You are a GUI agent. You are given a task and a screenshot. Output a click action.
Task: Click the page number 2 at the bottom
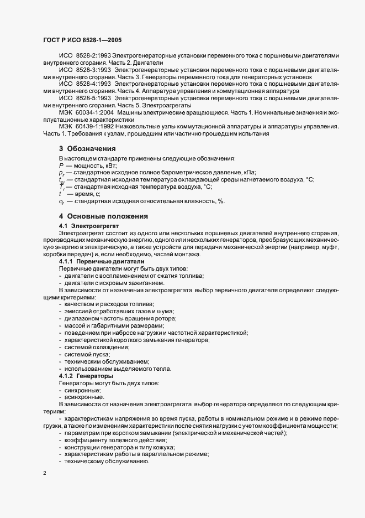pos(44,474)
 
